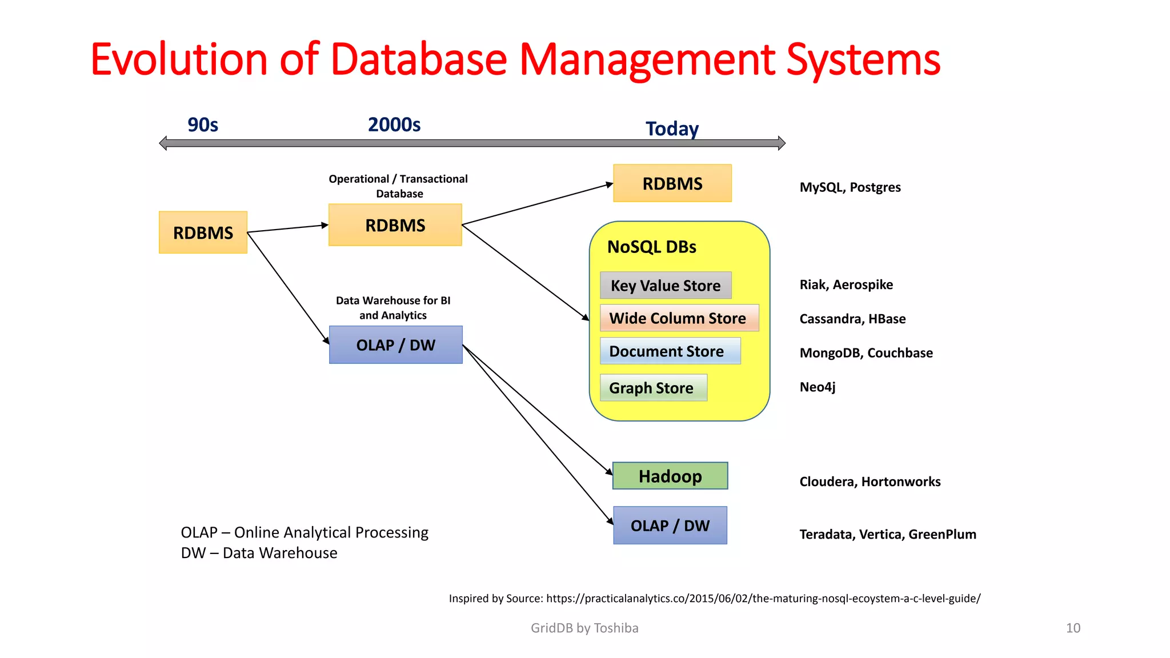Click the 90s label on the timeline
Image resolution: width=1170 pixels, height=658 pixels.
[x=203, y=125]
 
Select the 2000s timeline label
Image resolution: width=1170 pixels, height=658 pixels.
[x=394, y=125]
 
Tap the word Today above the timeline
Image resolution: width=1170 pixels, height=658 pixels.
[x=672, y=129]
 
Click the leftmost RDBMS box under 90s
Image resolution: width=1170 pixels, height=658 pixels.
[x=203, y=232]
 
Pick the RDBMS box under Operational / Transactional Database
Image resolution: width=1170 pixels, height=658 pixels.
[x=395, y=225]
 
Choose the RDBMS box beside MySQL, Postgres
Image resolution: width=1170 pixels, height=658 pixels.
[x=672, y=183]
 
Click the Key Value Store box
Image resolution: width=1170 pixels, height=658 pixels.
[x=666, y=285]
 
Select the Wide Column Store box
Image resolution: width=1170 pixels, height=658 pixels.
[x=679, y=318]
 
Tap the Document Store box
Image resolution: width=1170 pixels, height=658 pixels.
[x=670, y=351]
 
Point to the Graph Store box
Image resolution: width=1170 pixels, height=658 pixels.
[x=653, y=388]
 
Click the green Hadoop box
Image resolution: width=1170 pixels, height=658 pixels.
[x=670, y=476]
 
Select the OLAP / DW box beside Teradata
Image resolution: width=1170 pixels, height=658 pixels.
[x=670, y=525]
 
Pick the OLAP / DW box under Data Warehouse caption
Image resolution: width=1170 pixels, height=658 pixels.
[x=395, y=345]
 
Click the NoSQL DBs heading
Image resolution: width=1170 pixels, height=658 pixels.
[x=651, y=247]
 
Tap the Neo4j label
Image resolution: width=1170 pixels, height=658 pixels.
[x=817, y=387]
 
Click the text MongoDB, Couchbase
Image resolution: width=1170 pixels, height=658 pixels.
[x=866, y=353]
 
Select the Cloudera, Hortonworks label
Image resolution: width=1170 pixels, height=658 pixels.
[x=870, y=482]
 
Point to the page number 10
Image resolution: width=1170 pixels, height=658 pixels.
[x=1072, y=628]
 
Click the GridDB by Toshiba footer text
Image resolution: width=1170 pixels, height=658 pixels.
[x=584, y=628]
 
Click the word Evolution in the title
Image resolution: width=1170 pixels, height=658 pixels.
[x=178, y=59]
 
